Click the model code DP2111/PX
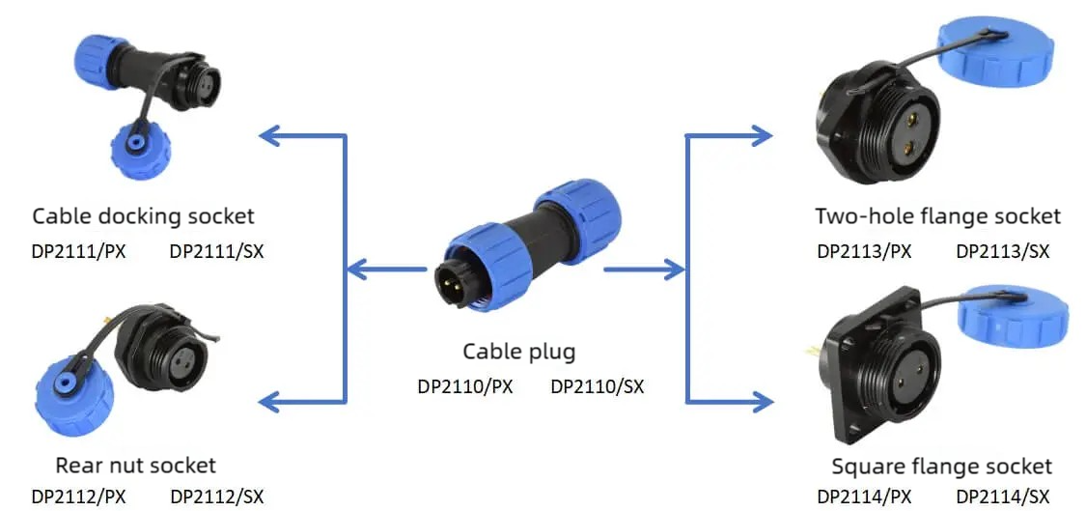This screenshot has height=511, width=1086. [79, 251]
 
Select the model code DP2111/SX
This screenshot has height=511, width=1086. [217, 251]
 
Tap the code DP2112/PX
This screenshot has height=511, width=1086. [79, 497]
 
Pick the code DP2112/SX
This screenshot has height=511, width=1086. [217, 497]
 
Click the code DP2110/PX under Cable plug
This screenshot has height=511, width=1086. [465, 386]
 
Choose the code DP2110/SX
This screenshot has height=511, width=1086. [597, 386]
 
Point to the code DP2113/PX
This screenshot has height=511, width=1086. [864, 251]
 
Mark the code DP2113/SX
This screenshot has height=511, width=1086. [1003, 251]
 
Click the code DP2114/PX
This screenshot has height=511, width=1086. [864, 497]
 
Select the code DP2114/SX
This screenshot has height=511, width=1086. [1003, 497]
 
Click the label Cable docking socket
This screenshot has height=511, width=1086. [144, 216]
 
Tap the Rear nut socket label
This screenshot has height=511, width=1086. [136, 465]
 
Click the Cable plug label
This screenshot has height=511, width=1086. [518, 353]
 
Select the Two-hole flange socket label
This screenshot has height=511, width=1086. [937, 216]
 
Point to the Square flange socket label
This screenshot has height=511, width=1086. [942, 466]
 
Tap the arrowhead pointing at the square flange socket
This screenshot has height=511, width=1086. [763, 401]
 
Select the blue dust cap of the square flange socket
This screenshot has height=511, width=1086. [1013, 317]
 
